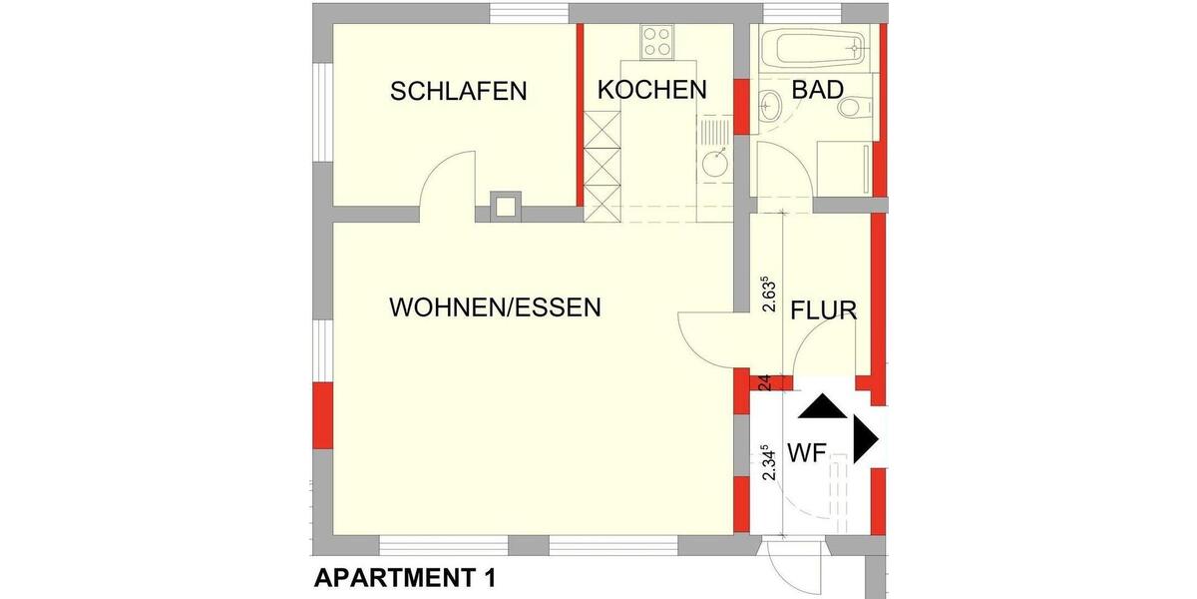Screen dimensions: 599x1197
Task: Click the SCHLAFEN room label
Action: (458, 92)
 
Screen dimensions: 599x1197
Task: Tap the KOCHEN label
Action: (651, 90)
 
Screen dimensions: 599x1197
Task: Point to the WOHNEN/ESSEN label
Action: (495, 306)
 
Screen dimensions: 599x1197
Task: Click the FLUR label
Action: (823, 310)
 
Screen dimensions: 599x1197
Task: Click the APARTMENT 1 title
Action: (404, 577)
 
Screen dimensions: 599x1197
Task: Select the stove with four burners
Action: (656, 41)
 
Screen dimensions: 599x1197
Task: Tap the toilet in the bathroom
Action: (854, 106)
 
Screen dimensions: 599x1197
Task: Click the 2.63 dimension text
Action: (768, 295)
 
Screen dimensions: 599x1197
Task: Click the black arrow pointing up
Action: (821, 405)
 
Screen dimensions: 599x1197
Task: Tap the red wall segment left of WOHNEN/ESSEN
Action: (322, 414)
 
